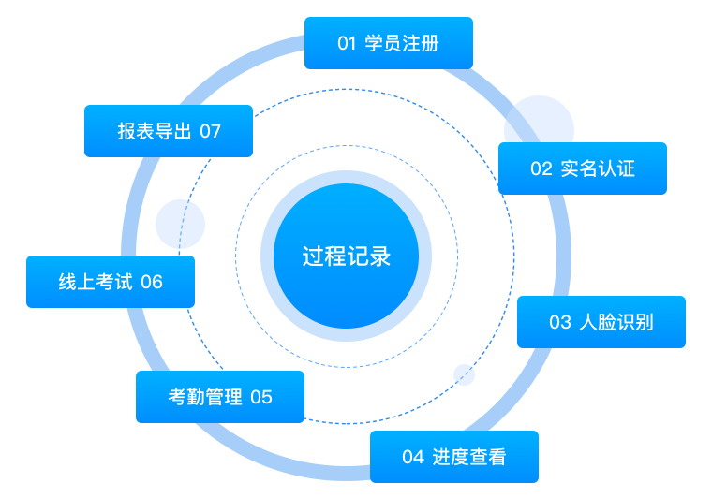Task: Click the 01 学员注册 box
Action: click(388, 43)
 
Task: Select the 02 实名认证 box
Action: click(582, 168)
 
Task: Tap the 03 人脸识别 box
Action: click(601, 322)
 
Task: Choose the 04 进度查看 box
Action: click(453, 457)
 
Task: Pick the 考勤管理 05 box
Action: click(220, 397)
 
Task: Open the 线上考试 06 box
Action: click(111, 282)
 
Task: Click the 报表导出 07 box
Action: click(169, 131)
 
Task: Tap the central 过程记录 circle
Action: click(346, 256)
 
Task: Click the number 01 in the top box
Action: click(348, 44)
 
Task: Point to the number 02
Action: click(541, 169)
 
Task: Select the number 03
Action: click(560, 323)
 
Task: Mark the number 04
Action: click(413, 458)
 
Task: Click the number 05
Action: click(261, 398)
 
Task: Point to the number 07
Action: click(210, 132)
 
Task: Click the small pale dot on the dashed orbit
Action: click(464, 374)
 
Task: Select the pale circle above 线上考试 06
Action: click(180, 224)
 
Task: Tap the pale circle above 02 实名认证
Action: click(539, 120)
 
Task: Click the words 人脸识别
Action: click(617, 323)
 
